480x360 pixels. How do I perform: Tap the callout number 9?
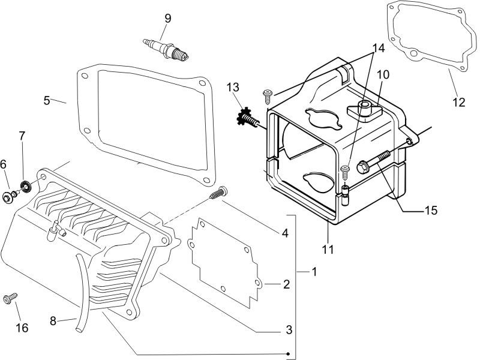point(167,18)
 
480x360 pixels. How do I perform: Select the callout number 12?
point(458,102)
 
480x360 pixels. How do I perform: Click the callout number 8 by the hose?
point(53,321)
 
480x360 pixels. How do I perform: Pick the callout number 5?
point(47,100)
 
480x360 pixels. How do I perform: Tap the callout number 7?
point(22,136)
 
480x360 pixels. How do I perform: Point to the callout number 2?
point(286,284)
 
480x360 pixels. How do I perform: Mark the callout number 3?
point(289,329)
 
